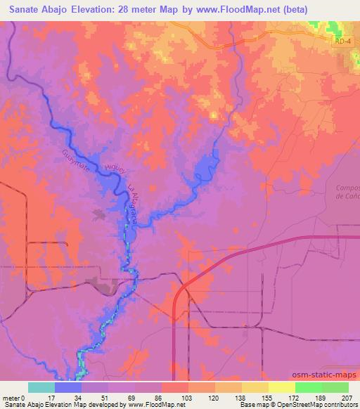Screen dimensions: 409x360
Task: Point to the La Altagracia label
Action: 132,204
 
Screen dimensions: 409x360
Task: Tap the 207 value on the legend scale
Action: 347,397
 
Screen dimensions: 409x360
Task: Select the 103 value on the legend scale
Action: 187,397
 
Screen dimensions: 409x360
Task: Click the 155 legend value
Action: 268,397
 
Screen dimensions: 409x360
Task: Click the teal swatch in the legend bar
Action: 41,387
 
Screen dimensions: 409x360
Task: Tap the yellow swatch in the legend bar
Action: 281,387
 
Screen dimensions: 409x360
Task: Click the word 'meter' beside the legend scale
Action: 12,397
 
